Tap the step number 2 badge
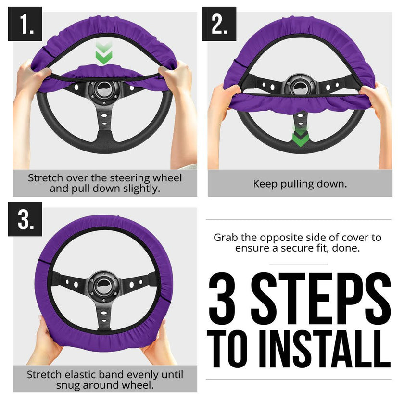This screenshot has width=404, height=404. (x=219, y=24)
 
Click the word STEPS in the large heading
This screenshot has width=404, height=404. (x=321, y=298)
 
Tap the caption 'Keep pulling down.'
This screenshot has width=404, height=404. (x=300, y=184)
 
